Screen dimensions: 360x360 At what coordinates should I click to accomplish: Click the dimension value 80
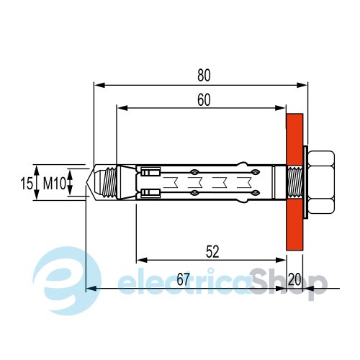pos(204,75)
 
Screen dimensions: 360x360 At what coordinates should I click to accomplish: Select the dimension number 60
pos(204,100)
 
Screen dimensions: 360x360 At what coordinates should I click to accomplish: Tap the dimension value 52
pos(212,251)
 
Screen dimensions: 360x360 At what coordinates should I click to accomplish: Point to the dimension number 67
pos(184,279)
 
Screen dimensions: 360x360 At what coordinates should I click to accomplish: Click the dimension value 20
pos(294,279)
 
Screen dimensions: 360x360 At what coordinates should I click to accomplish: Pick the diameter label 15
pos(26,184)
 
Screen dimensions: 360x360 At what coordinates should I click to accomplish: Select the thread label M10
pos(54,184)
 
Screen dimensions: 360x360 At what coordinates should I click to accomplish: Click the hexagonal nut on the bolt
pos(321,182)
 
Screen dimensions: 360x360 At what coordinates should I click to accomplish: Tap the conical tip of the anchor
pos(90,182)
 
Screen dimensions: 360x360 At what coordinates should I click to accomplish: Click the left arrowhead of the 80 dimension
pos(99,85)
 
